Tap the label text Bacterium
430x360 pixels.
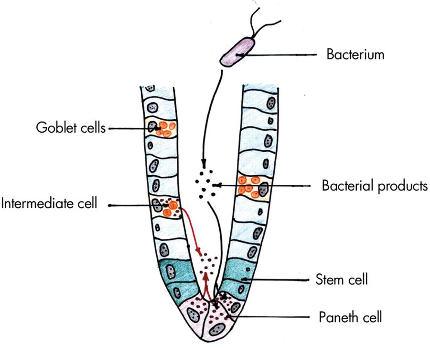pos(355,55)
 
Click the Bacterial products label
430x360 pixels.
pos(374,185)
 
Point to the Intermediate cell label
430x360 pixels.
pos(50,204)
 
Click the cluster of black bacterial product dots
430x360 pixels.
pos(206,184)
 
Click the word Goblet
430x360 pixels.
pos(53,128)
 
